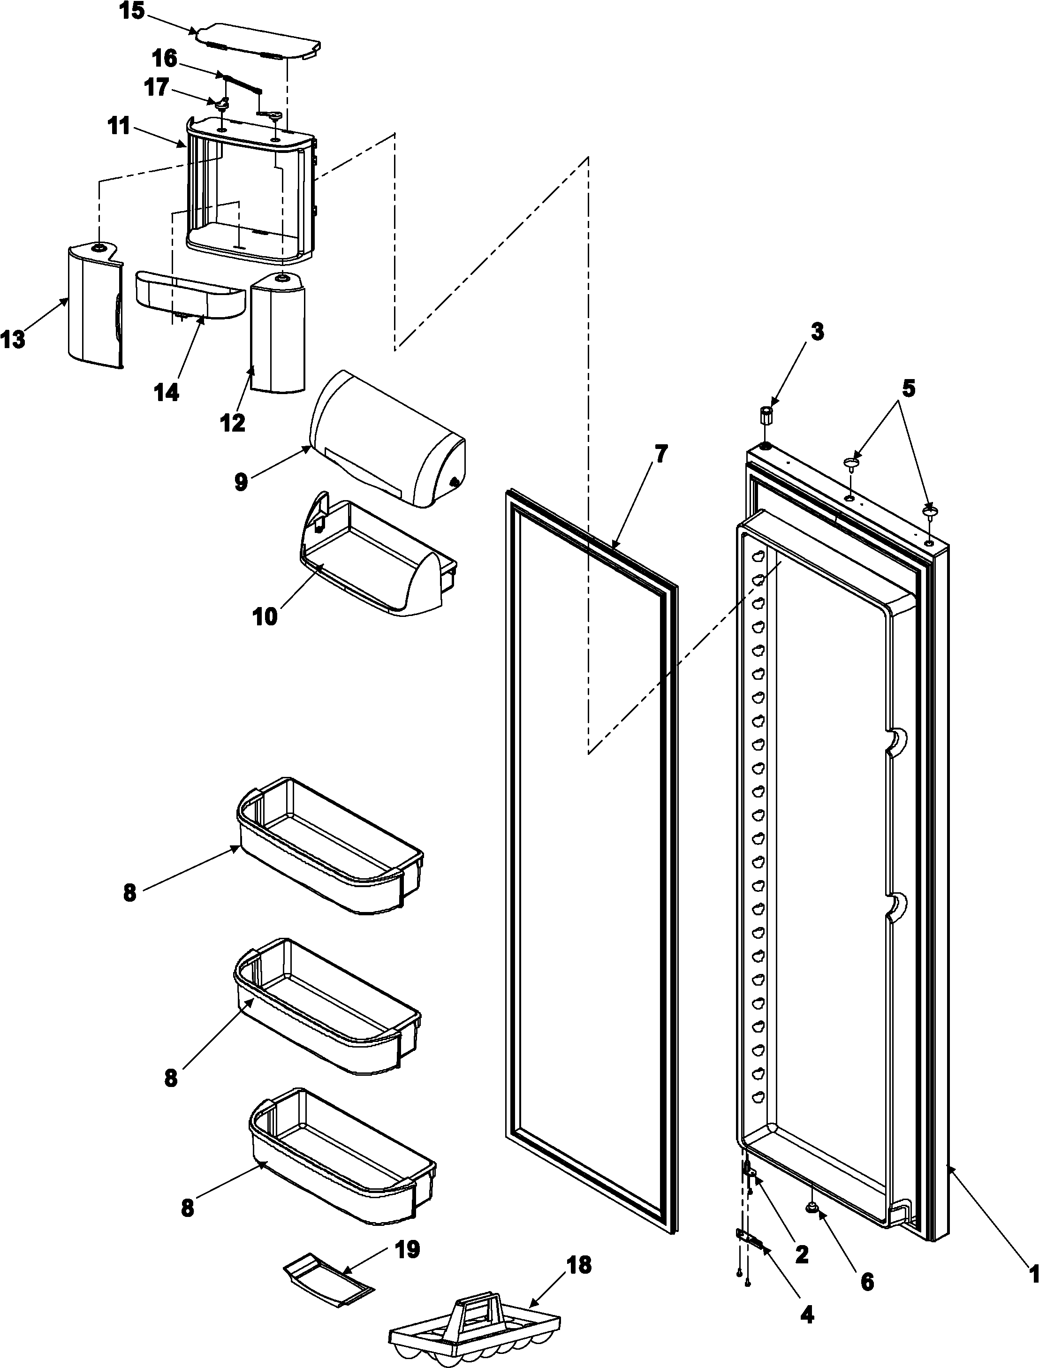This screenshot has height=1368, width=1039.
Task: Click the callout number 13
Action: click(x=13, y=340)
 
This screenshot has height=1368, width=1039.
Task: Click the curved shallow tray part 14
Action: click(x=189, y=294)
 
